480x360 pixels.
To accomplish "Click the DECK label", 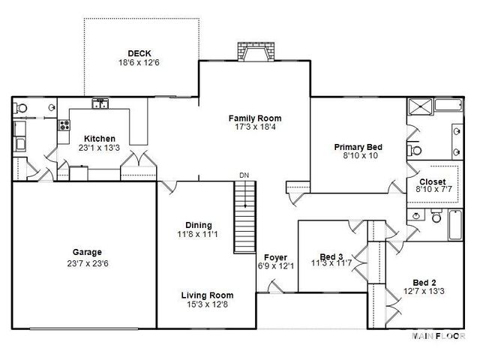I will (x=139, y=53).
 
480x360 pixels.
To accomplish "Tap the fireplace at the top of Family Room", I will (x=254, y=52).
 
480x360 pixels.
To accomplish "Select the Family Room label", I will (x=254, y=118).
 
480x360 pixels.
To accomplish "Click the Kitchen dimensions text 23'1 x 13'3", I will (x=99, y=148).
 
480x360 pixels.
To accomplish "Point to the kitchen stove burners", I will (x=64, y=126).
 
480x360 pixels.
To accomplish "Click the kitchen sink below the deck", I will (x=100, y=104).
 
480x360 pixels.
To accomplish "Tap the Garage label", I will (x=87, y=253).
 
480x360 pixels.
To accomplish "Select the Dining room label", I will (x=199, y=225).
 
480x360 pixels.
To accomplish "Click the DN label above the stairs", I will (x=244, y=175).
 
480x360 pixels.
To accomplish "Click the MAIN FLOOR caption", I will (x=439, y=335).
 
